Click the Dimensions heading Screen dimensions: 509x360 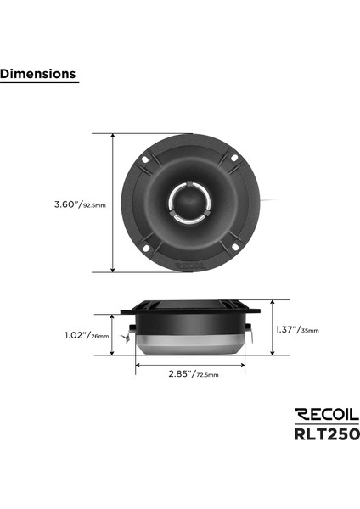pos(38,74)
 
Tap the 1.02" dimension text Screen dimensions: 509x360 pos(77,335)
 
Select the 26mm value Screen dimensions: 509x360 pos(100,336)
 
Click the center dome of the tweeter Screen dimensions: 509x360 pos(184,203)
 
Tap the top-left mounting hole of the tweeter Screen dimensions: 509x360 pos(145,157)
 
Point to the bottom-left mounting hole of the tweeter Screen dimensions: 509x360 pos(145,249)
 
